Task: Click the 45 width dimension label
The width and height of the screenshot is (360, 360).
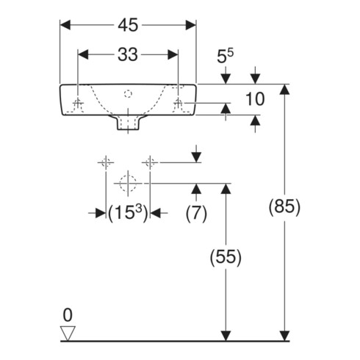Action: tap(128, 25)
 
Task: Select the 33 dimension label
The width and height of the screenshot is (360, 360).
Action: tap(128, 54)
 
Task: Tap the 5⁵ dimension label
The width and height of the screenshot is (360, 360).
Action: tap(225, 56)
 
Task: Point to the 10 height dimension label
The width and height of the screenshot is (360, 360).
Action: tap(255, 99)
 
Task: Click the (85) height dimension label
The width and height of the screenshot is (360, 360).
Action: tap(284, 206)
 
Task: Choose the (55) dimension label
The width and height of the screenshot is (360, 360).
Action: tap(226, 257)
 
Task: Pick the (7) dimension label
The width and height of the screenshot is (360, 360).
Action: tap(196, 213)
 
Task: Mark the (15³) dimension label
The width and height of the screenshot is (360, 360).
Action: tap(128, 212)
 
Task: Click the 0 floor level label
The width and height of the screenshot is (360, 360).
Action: tap(68, 315)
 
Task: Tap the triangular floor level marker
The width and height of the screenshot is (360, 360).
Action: tap(68, 333)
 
